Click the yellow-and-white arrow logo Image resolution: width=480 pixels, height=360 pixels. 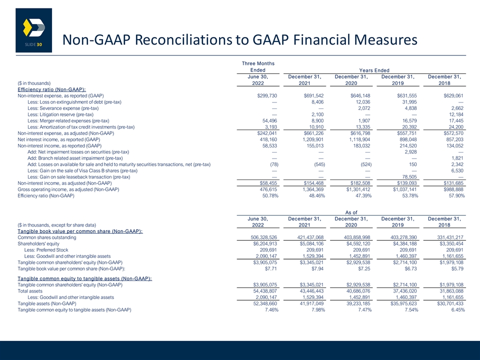click(x=34, y=27)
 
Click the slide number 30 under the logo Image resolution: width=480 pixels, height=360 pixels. click(x=39, y=44)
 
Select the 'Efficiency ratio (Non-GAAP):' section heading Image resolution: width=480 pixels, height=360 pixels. click(x=51, y=89)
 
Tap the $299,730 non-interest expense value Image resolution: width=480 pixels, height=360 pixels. click(x=267, y=96)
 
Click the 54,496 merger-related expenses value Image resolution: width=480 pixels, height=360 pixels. click(x=269, y=120)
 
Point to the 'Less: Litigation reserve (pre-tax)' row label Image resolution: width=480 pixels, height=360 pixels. click(x=60, y=114)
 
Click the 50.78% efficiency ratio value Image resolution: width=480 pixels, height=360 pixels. click(x=270, y=195)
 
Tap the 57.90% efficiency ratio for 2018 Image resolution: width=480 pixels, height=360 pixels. click(x=456, y=195)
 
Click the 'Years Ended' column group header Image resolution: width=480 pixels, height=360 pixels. click(x=374, y=70)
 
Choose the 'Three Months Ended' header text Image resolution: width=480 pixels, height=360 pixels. click(x=258, y=66)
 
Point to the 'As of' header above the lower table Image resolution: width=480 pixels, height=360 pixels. click(x=351, y=212)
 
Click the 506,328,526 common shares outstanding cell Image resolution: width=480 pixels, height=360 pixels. click(x=264, y=237)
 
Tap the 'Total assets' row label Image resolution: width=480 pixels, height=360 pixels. click(x=30, y=291)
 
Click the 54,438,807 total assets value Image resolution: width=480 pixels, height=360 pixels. click(x=265, y=291)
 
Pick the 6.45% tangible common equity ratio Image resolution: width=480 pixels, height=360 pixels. click(x=458, y=310)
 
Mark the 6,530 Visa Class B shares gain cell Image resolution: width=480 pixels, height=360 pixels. click(x=457, y=170)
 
